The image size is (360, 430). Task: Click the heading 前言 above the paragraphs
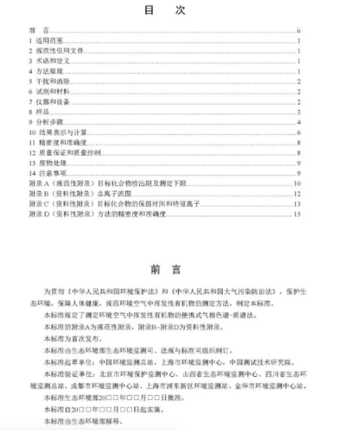coord(166,270)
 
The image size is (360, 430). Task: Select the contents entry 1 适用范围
coord(46,41)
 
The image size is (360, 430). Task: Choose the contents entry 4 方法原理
coord(46,71)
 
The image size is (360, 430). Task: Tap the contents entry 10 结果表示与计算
coord(58,132)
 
